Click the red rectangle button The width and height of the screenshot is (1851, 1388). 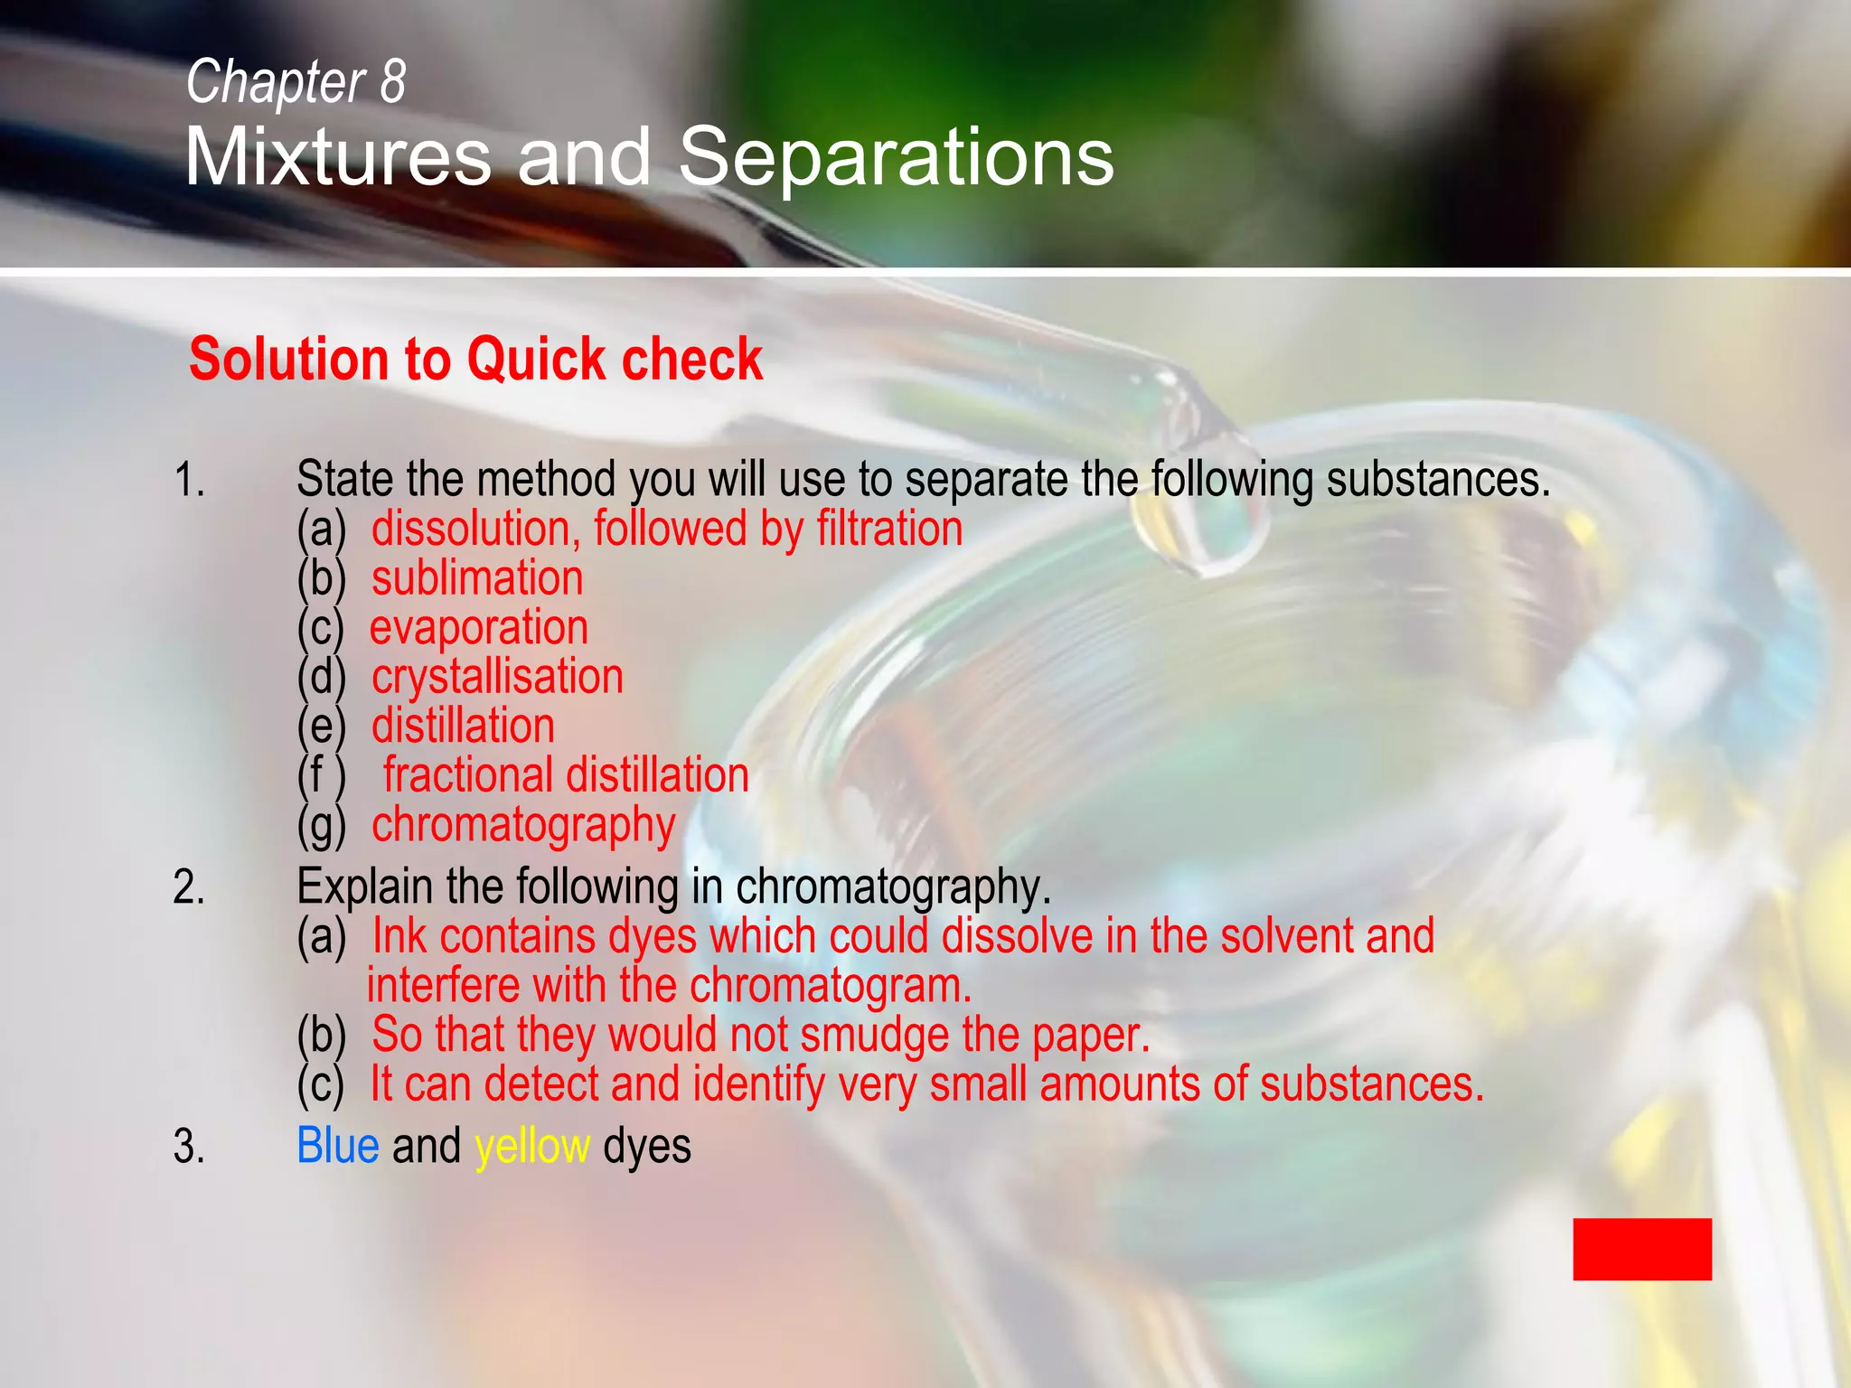tap(1641, 1249)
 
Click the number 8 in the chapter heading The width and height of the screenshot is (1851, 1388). tap(392, 81)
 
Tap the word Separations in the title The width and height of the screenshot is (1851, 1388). tap(896, 157)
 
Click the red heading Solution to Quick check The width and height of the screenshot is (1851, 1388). tap(475, 359)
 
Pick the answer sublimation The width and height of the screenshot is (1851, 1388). tap(477, 578)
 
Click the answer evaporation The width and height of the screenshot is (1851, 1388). tap(479, 627)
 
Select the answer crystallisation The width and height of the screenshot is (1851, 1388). tap(497, 677)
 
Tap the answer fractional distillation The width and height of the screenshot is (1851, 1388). tap(566, 775)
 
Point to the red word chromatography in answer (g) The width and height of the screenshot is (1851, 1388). tap(523, 826)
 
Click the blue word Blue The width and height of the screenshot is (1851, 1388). tap(337, 1146)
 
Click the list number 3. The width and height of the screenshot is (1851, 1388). tap(189, 1147)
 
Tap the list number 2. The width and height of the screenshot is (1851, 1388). tap(189, 887)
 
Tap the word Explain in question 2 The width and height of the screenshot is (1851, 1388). tap(364, 887)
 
